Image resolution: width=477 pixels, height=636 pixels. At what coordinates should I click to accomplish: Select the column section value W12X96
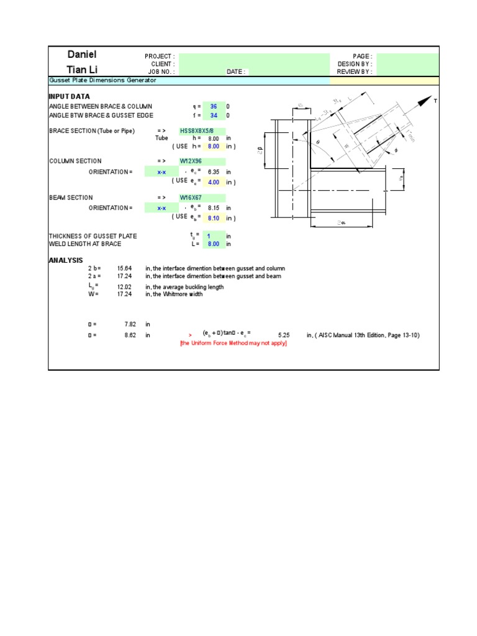(x=191, y=161)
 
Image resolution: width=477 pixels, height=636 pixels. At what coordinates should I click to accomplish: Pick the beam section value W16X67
(x=191, y=198)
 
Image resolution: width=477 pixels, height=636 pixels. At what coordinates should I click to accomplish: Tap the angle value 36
(x=214, y=106)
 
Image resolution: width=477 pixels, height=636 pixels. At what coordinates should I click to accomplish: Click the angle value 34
(x=214, y=116)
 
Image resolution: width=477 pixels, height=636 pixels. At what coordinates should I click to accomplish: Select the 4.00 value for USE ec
(x=214, y=182)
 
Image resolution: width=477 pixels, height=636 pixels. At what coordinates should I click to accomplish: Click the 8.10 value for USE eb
(x=214, y=219)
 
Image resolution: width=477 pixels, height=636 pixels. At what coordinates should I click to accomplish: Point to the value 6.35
(x=214, y=172)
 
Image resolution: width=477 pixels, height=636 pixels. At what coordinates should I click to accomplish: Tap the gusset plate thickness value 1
(x=214, y=236)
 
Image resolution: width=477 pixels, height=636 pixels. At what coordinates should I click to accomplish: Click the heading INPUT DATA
(x=69, y=97)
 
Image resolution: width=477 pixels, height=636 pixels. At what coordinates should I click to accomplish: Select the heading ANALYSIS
(x=66, y=260)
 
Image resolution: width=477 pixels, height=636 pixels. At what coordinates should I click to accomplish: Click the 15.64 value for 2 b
(x=124, y=268)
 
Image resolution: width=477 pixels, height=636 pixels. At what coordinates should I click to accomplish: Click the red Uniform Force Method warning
(x=234, y=343)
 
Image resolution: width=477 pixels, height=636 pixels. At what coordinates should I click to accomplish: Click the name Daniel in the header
(x=82, y=55)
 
